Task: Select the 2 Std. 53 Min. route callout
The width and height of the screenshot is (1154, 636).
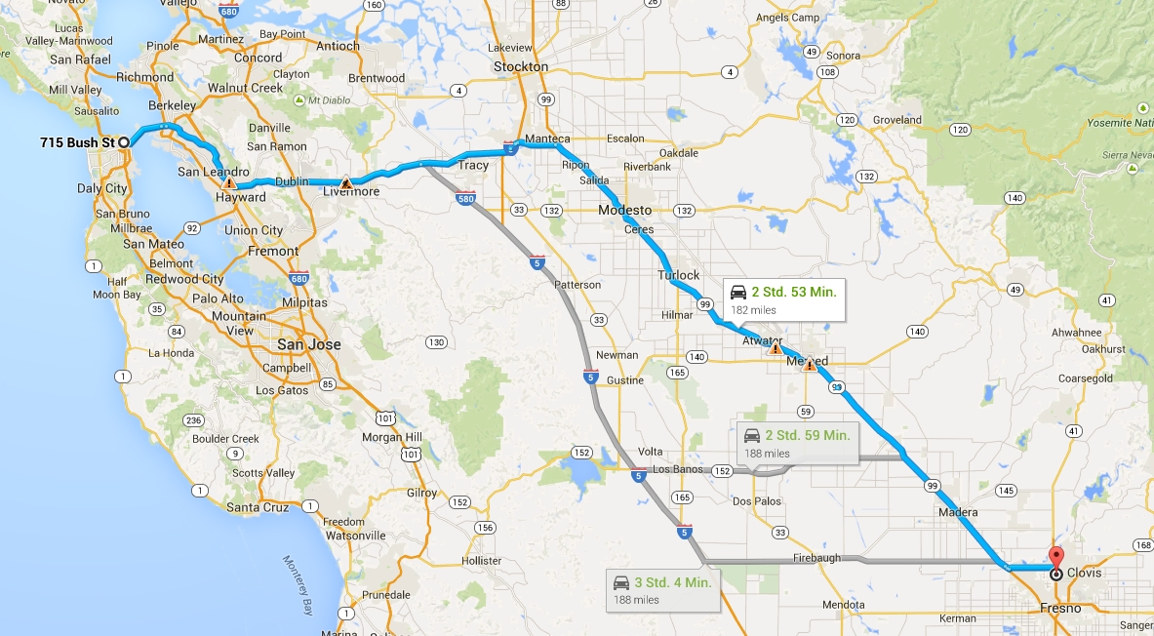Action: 782,299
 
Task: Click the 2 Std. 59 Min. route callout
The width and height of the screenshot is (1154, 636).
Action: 796,442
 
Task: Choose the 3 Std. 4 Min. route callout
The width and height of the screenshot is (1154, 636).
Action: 660,589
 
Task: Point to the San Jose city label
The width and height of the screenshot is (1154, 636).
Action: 309,345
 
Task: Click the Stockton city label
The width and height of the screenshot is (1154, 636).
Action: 521,66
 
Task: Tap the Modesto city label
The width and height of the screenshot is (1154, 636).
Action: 625,211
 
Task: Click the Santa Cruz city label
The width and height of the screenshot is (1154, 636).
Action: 257,507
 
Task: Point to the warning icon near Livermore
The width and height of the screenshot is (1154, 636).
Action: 345,182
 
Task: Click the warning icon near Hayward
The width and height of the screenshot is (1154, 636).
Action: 228,182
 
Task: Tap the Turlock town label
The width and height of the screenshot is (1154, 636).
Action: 678,275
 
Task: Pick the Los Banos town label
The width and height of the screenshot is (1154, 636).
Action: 678,470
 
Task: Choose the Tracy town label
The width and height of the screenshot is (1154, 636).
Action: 473,165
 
